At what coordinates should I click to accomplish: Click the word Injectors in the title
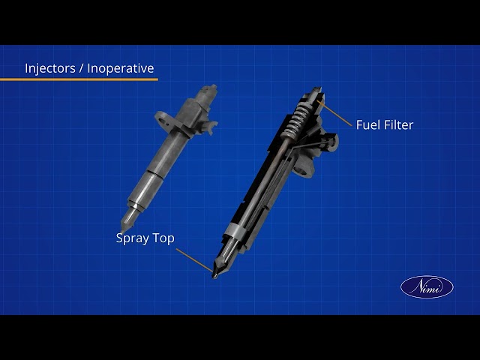[50, 68]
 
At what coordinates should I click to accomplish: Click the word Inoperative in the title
[121, 68]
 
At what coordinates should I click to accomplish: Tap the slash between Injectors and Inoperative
[82, 68]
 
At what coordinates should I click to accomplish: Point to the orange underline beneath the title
[79, 79]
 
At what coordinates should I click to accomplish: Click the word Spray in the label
[132, 238]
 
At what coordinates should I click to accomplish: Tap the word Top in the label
[163, 238]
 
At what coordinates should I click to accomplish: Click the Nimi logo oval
[427, 286]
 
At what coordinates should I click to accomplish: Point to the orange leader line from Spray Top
[194, 260]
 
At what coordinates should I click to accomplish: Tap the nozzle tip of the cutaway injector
[215, 275]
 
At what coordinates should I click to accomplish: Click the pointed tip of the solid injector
[123, 230]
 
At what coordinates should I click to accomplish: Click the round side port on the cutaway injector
[332, 142]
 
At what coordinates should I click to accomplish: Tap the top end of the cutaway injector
[317, 90]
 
